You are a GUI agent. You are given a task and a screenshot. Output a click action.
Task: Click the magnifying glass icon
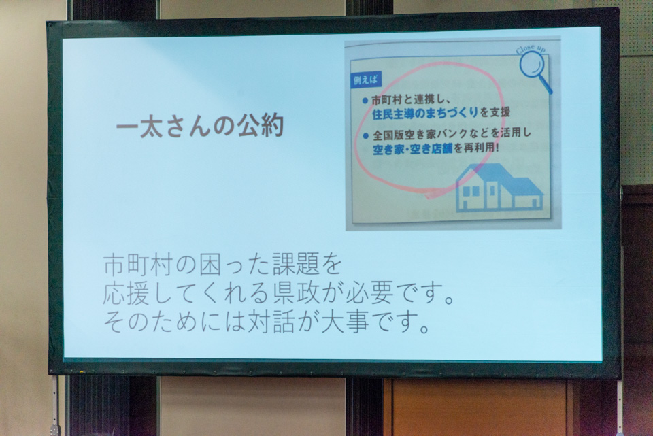point(535,71)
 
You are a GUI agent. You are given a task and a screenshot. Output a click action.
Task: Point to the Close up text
point(531,49)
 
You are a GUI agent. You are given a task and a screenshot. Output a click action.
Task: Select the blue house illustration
point(499,188)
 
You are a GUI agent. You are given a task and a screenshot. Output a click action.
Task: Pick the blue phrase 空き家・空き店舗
point(412,149)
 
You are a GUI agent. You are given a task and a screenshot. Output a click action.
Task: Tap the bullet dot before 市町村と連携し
point(365,101)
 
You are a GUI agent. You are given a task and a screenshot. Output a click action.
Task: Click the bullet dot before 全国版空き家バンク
point(366,135)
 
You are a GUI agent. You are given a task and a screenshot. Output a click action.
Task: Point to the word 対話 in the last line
point(271,322)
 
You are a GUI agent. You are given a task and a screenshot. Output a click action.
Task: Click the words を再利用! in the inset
point(476,148)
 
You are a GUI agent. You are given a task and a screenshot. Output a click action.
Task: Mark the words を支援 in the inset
point(495,112)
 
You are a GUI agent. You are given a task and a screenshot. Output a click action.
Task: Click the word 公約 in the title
point(261,126)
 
